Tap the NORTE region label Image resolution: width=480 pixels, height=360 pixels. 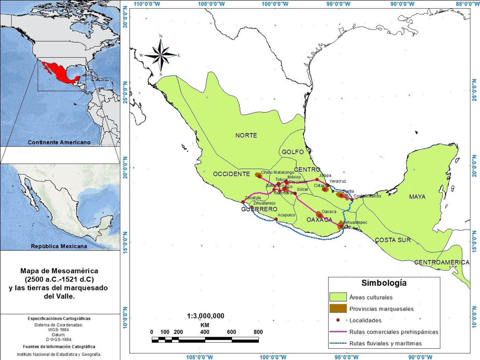pyautogui.click(x=246, y=136)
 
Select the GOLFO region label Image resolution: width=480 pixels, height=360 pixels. pyautogui.click(x=293, y=152)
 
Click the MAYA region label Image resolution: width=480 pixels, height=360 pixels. pyautogui.click(x=418, y=197)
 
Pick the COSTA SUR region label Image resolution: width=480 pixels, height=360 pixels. pyautogui.click(x=393, y=240)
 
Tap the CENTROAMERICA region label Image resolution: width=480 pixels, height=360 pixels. pyautogui.click(x=441, y=262)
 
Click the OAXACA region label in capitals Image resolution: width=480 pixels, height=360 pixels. pyautogui.click(x=319, y=220)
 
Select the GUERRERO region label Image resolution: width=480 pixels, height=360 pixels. pyautogui.click(x=259, y=209)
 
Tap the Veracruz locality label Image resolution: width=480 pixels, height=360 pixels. pyautogui.click(x=337, y=181)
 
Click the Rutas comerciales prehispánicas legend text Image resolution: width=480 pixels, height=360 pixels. pyautogui.click(x=394, y=332)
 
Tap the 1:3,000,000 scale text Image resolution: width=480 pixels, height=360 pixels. pyautogui.click(x=205, y=316)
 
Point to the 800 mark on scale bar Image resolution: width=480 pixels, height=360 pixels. pyautogui.click(x=258, y=332)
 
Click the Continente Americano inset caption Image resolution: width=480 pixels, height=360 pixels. pyautogui.click(x=59, y=143)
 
